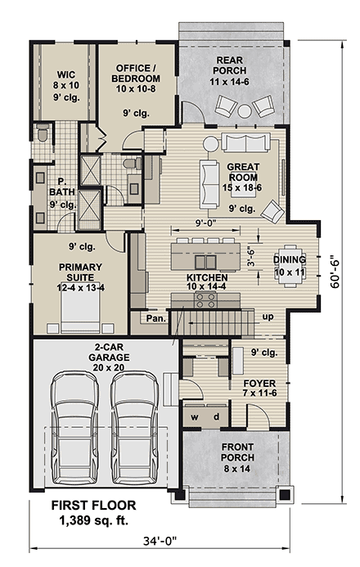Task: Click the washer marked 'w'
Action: tap(196, 417)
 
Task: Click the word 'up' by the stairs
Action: tap(267, 315)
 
